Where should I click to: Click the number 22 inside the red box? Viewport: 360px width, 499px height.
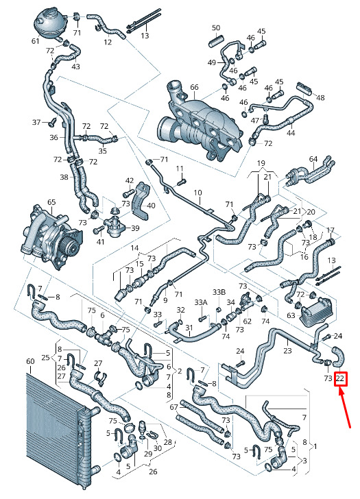(340, 378)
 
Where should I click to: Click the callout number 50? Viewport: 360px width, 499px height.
(216, 28)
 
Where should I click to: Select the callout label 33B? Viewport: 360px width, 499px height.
(219, 292)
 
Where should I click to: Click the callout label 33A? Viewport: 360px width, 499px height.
(201, 302)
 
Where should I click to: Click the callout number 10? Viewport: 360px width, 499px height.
(197, 193)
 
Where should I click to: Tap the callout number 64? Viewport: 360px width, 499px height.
(313, 159)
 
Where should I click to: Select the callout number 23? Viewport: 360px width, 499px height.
(287, 350)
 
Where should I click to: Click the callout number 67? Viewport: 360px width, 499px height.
(173, 407)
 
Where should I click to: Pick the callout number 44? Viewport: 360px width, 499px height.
(291, 133)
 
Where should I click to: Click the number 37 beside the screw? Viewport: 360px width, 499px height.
(37, 122)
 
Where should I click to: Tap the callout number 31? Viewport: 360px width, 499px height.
(189, 327)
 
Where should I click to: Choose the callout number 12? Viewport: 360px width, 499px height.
(108, 42)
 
